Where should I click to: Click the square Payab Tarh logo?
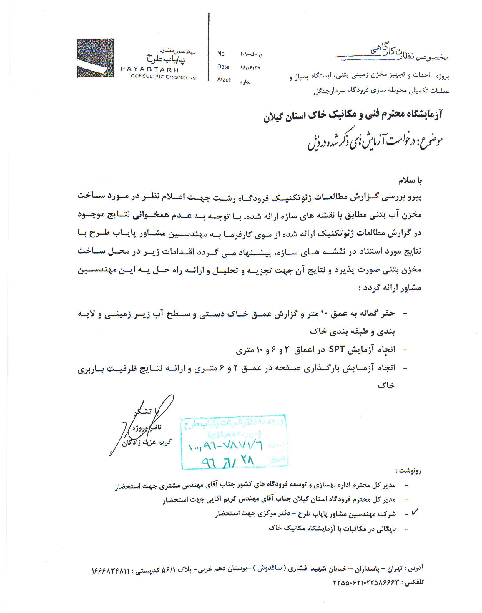tap(95, 58)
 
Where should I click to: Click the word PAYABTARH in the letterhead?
tap(150, 70)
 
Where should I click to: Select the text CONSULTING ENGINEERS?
tap(163, 77)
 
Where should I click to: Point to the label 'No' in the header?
tap(221, 54)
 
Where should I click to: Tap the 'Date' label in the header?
tap(223, 67)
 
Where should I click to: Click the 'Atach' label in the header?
tap(224, 80)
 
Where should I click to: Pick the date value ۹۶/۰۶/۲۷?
tap(250, 68)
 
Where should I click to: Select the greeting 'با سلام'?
tap(410, 180)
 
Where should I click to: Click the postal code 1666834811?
tap(110, 571)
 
